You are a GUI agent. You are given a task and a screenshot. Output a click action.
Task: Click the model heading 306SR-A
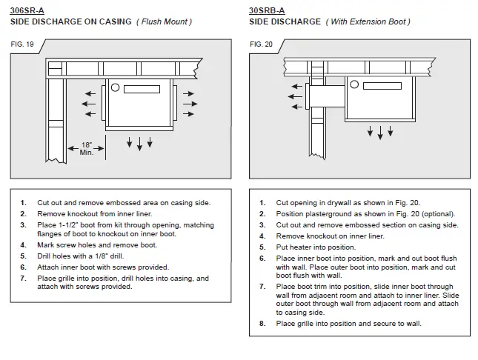point(28,10)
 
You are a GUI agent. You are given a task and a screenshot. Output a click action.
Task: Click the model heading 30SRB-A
point(266,10)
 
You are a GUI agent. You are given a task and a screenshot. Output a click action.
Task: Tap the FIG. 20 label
point(262,44)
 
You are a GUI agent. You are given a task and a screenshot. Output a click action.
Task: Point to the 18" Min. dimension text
point(87,148)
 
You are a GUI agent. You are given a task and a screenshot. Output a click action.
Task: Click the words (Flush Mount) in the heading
point(164,21)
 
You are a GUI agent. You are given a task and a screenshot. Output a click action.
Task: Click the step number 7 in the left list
point(23,279)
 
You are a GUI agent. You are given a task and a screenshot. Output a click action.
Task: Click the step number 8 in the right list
point(262,323)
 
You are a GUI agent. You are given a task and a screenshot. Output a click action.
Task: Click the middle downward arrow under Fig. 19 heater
point(139,141)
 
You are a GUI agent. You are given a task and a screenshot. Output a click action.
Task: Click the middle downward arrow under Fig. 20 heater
point(381,132)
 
